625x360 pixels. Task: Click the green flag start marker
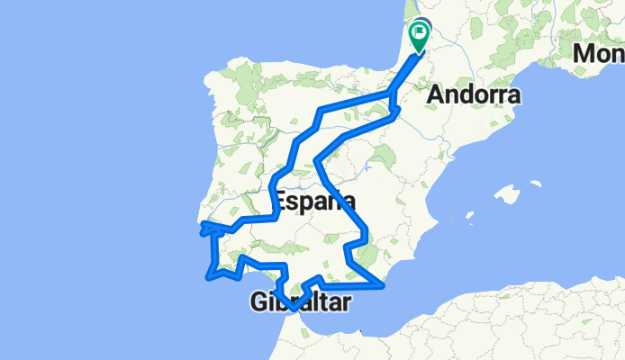click(x=420, y=37)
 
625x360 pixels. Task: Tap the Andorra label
click(x=476, y=94)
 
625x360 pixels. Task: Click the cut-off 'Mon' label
click(x=598, y=55)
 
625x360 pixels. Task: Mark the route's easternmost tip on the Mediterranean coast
click(x=384, y=287)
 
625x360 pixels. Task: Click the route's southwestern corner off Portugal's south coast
click(x=210, y=276)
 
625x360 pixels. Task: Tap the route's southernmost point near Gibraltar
click(x=293, y=311)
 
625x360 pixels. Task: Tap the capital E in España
click(x=280, y=201)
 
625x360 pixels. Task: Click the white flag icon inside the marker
click(x=421, y=33)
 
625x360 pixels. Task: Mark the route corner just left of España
click(x=274, y=216)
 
